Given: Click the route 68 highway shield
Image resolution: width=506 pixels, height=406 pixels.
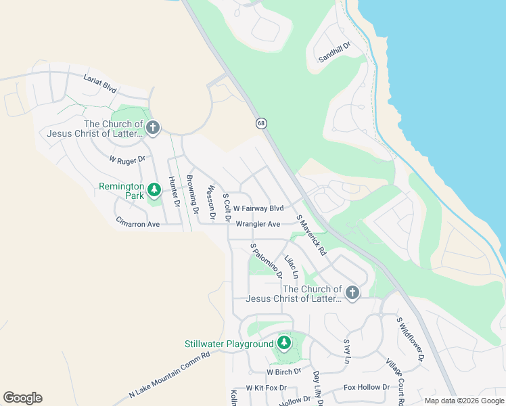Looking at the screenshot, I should (x=261, y=123).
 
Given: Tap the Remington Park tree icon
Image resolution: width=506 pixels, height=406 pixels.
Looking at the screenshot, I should (x=154, y=190).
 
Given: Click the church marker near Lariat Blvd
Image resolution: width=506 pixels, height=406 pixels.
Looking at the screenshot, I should (x=154, y=128).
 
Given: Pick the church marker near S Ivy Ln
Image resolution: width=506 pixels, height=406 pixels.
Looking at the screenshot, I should (x=352, y=293).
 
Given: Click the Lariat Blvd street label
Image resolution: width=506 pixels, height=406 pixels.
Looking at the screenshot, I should (x=100, y=84).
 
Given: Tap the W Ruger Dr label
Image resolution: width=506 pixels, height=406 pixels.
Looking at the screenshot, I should (x=127, y=160).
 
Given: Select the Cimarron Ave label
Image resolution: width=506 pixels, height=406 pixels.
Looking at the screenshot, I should (x=137, y=223).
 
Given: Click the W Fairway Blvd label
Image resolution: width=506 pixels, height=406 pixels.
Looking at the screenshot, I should (x=258, y=208).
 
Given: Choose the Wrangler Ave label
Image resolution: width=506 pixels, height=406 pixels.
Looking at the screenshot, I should (x=258, y=224).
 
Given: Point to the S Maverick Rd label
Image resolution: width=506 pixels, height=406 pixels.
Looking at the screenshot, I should (x=311, y=235).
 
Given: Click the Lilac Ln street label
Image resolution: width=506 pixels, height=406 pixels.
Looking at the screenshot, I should (x=292, y=267).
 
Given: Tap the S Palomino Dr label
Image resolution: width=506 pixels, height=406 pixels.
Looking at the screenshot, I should (x=266, y=261).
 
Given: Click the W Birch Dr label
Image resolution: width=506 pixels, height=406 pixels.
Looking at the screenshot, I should (x=283, y=372).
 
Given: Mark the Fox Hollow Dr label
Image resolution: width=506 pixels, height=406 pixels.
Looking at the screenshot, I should (x=367, y=387).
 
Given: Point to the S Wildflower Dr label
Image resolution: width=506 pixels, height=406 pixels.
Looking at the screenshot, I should (x=410, y=338).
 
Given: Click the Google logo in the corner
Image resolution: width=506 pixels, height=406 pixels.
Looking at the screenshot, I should (x=22, y=398).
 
